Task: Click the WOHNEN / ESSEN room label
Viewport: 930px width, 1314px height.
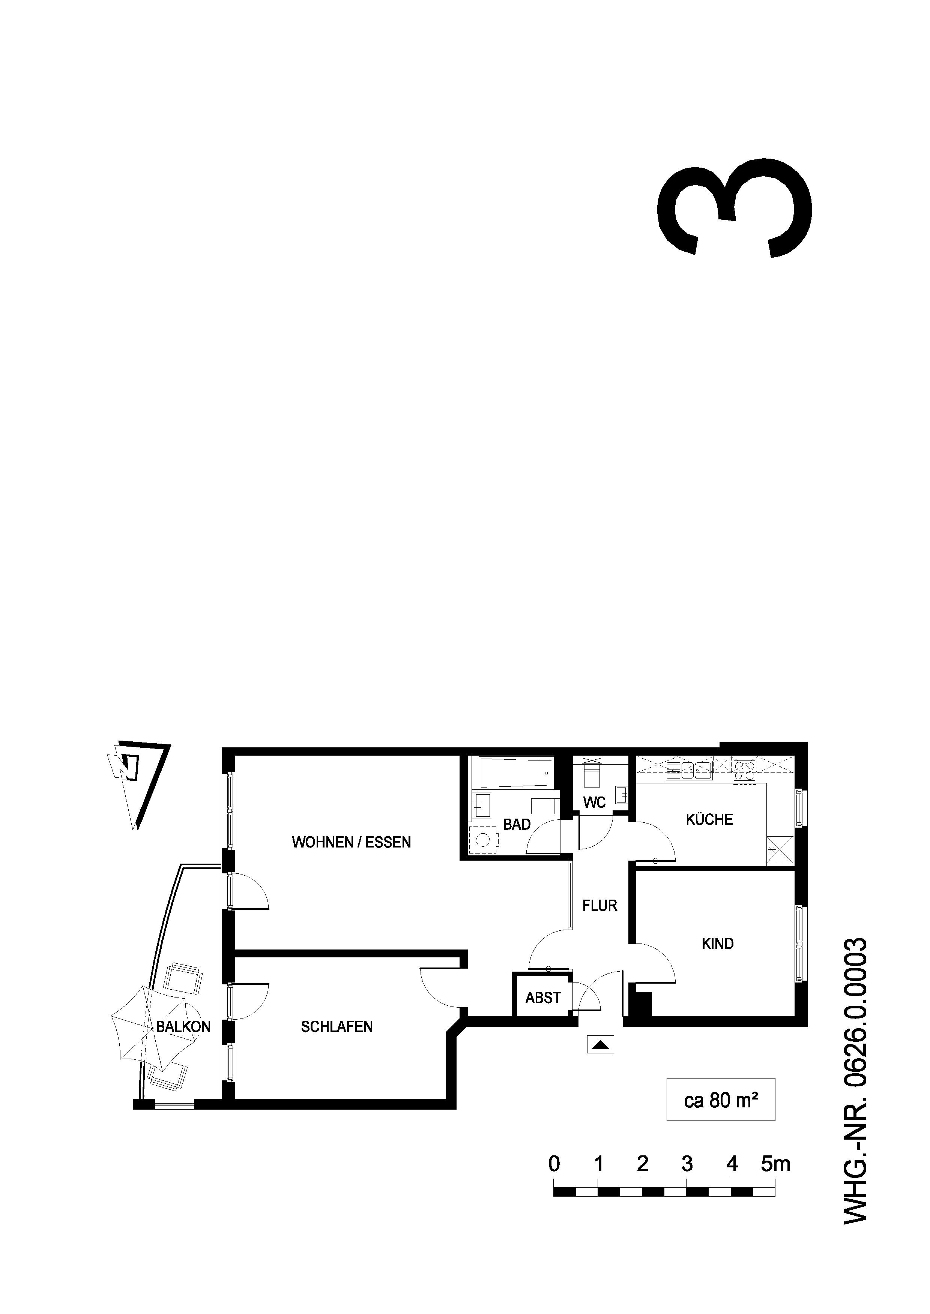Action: coord(351,842)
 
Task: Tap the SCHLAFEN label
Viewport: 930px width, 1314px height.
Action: coord(337,1027)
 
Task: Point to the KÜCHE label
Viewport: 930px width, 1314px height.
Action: coord(709,819)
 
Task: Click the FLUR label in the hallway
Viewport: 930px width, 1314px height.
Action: coord(599,905)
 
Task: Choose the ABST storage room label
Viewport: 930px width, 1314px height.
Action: coord(543,997)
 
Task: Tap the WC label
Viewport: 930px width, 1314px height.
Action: coord(594,802)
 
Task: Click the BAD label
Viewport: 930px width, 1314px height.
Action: coord(517,824)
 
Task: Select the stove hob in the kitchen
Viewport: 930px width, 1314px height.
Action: coord(744,771)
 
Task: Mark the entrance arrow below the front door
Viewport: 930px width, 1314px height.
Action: coord(600,1044)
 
